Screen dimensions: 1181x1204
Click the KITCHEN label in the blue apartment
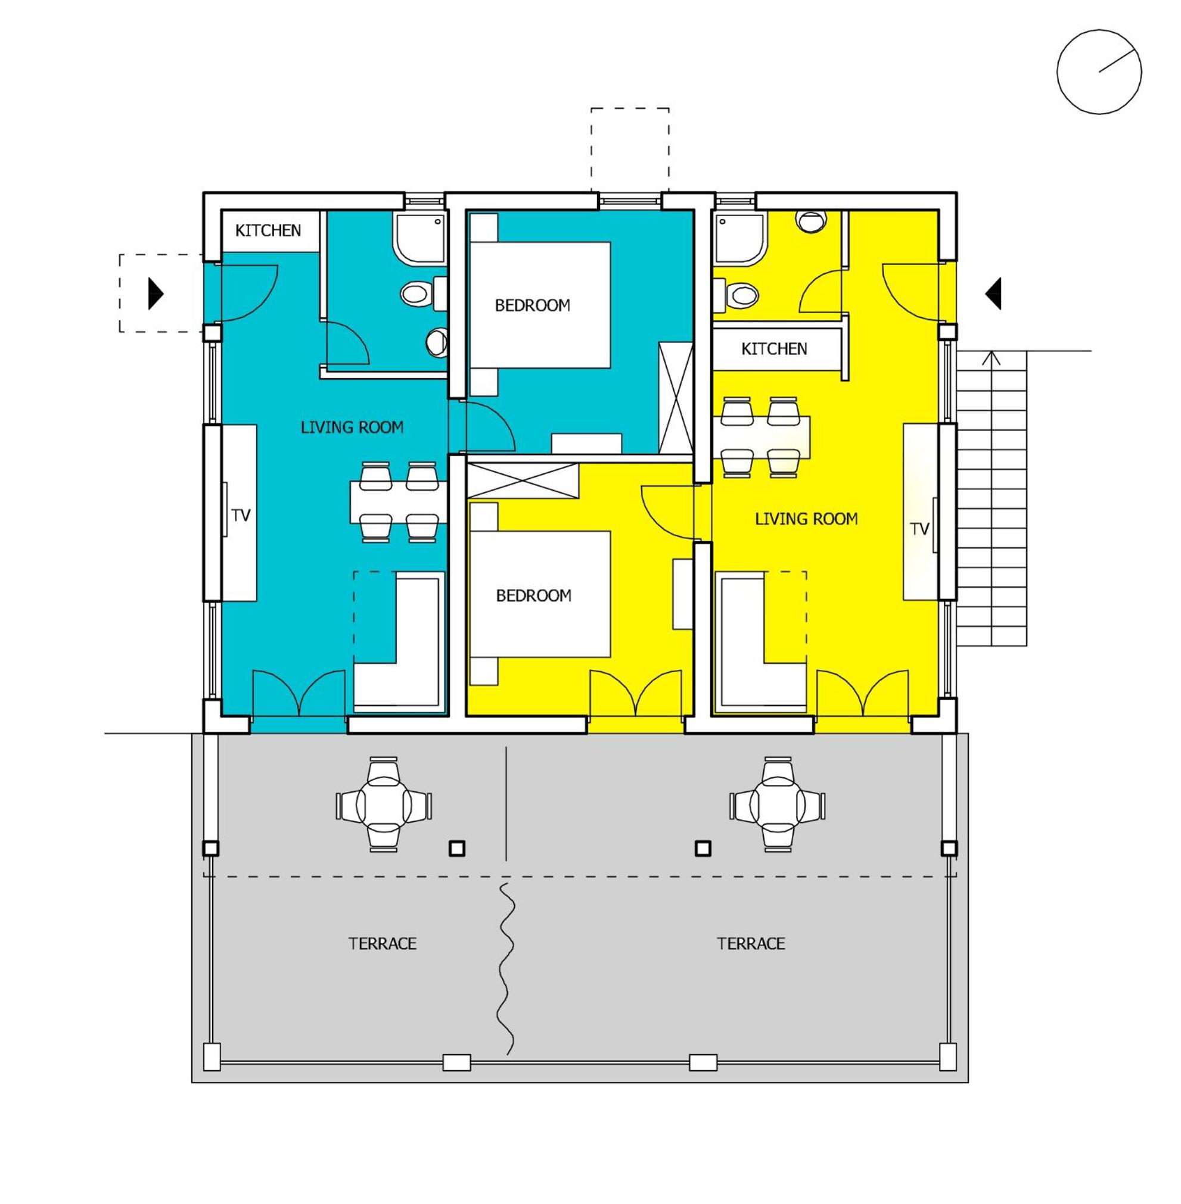pyautogui.click(x=268, y=230)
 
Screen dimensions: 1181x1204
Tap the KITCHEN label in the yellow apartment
pyautogui.click(x=774, y=349)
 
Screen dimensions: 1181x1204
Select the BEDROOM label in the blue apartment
pyautogui.click(x=532, y=305)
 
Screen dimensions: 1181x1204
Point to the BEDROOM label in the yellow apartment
pyautogui.click(x=533, y=595)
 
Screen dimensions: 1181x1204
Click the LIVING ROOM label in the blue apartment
pyautogui.click(x=352, y=427)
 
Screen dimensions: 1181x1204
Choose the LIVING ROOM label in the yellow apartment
pyautogui.click(x=806, y=519)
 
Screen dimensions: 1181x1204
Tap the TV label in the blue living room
pyautogui.click(x=241, y=515)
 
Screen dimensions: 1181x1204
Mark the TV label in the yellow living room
pyautogui.click(x=919, y=529)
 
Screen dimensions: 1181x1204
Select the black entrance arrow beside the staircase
pyautogui.click(x=994, y=293)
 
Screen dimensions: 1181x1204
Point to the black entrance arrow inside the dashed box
pyautogui.click(x=156, y=293)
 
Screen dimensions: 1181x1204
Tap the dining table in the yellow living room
pyautogui.click(x=761, y=437)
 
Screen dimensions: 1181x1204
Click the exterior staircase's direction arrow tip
pyautogui.click(x=993, y=352)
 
